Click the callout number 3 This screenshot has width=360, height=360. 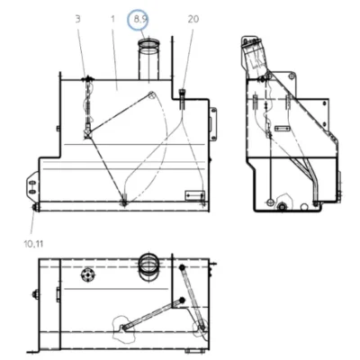[x=77, y=19]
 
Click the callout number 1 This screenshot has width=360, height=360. [x=112, y=19]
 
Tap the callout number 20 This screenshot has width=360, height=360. [x=193, y=19]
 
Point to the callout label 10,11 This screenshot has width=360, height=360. [x=33, y=244]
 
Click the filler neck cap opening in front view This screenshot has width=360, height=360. [x=148, y=44]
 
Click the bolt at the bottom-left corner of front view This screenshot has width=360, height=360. [x=35, y=208]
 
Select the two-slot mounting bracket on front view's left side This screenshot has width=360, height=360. [x=32, y=187]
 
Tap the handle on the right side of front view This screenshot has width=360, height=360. [x=213, y=123]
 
